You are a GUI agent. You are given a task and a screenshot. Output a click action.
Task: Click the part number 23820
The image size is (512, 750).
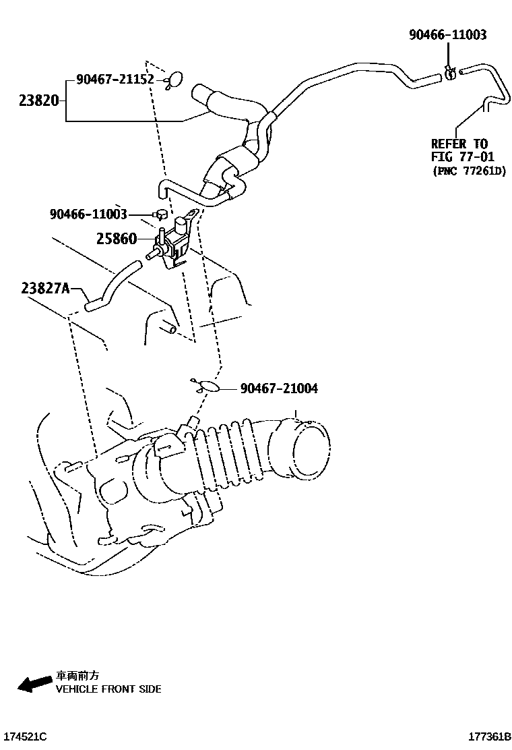pyautogui.click(x=39, y=102)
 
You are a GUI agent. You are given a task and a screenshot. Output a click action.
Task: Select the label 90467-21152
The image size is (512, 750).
pyautogui.click(x=115, y=80)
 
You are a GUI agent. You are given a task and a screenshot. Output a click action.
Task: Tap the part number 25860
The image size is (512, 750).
pyautogui.click(x=116, y=239)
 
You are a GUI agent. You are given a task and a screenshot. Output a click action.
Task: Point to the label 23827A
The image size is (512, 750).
pyautogui.click(x=45, y=288)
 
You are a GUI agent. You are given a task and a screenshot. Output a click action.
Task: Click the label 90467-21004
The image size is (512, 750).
pyautogui.click(x=279, y=388)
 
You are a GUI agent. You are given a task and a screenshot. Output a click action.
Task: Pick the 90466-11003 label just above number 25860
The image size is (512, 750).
pyautogui.click(x=88, y=214)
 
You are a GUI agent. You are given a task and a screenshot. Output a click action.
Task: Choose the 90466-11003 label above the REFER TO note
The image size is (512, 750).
pyautogui.click(x=447, y=34)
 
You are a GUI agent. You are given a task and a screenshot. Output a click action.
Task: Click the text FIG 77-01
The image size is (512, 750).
pyautogui.click(x=463, y=157)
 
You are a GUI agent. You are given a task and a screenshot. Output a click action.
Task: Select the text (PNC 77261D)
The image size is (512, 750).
pyautogui.click(x=468, y=171)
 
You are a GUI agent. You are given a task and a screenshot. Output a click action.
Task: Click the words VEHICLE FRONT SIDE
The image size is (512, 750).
pyautogui.click(x=108, y=689)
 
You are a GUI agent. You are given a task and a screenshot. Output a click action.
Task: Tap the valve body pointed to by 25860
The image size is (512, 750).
pyautogui.click(x=173, y=244)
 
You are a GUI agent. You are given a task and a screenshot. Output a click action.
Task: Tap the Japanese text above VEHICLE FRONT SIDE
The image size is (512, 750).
pyautogui.click(x=77, y=676)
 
